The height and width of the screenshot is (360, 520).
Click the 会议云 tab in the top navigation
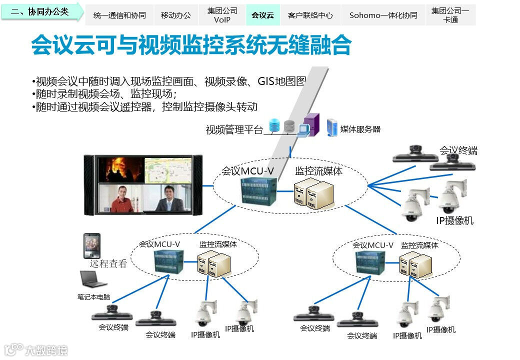tap(262, 15)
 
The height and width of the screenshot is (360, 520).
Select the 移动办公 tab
tap(176, 15)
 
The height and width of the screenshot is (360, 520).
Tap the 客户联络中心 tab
tap(310, 15)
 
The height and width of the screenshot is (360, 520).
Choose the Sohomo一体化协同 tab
tap(383, 15)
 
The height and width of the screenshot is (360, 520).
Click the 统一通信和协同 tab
tap(119, 15)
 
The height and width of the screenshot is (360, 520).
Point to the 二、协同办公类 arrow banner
tap(42, 11)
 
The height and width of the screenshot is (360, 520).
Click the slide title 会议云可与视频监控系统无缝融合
tap(191, 45)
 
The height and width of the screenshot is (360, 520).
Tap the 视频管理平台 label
tap(234, 130)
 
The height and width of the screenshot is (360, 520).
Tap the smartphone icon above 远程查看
tap(91, 245)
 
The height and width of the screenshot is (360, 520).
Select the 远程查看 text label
tap(108, 263)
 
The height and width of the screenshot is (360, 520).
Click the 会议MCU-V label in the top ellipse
tap(247, 171)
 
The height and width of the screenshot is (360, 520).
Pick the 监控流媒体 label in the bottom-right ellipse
tap(419, 245)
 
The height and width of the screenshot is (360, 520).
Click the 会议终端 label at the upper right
tap(458, 150)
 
